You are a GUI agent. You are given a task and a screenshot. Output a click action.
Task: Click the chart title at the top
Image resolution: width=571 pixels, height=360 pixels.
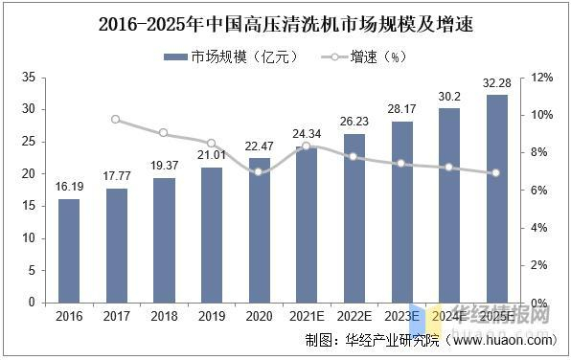285,21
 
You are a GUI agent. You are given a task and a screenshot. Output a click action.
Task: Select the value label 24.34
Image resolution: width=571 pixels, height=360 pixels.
307,134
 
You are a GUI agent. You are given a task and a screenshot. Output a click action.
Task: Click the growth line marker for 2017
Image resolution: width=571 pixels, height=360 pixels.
116,120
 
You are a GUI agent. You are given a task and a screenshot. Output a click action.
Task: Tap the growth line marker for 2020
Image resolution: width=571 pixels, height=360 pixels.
259,172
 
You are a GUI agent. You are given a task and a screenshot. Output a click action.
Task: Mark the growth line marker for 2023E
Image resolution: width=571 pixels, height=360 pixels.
402,164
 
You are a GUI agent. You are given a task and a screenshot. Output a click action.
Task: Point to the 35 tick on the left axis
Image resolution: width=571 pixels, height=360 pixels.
28,77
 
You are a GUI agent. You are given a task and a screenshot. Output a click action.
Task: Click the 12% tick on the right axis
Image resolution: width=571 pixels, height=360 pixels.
541,77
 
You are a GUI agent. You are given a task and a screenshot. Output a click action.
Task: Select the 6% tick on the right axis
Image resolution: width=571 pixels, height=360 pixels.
541,190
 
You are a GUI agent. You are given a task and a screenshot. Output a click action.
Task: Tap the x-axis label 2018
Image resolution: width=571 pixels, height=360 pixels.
164,316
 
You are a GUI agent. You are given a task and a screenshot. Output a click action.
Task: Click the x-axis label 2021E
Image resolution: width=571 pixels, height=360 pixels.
307,316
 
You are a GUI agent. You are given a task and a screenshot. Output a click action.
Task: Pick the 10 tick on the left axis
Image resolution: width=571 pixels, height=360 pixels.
28,237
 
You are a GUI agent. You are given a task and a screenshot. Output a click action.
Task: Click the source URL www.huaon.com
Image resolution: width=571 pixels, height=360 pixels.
502,340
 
